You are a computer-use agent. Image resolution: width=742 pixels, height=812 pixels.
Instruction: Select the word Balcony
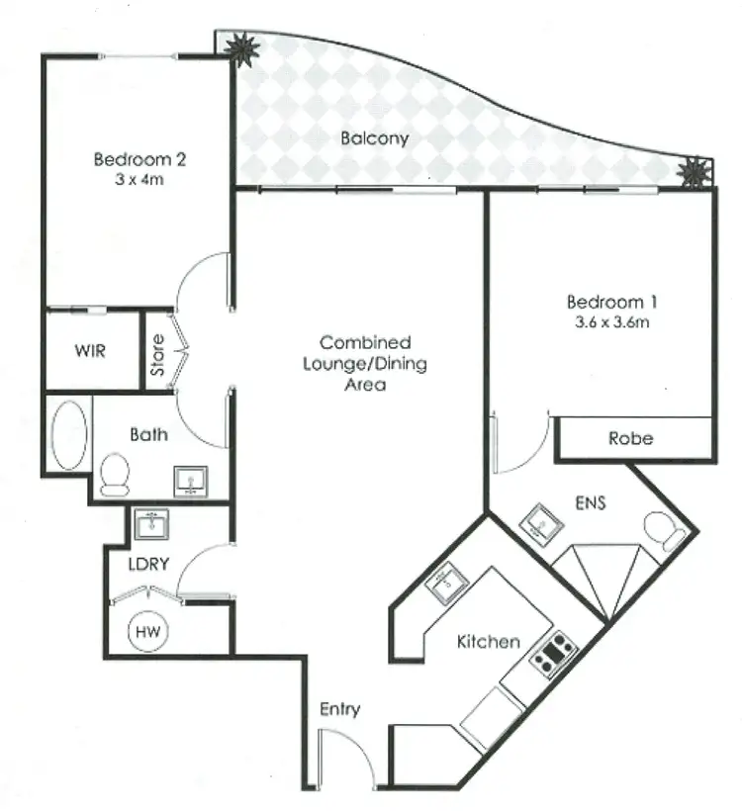click(374, 138)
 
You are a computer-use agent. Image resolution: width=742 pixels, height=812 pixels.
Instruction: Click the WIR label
click(91, 350)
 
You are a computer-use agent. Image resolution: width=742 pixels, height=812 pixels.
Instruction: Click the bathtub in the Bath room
click(67, 435)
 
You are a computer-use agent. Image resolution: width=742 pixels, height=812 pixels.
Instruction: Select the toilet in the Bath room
click(115, 474)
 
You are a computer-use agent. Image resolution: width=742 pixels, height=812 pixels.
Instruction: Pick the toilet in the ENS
click(662, 531)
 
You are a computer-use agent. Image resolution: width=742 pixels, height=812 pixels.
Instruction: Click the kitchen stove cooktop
click(552, 654)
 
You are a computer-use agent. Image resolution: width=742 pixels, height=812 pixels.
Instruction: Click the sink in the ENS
click(541, 520)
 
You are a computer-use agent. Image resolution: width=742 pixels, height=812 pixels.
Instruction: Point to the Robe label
click(631, 438)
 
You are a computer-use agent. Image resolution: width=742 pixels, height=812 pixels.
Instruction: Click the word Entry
click(339, 709)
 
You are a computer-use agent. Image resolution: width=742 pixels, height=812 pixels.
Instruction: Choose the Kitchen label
click(488, 642)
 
